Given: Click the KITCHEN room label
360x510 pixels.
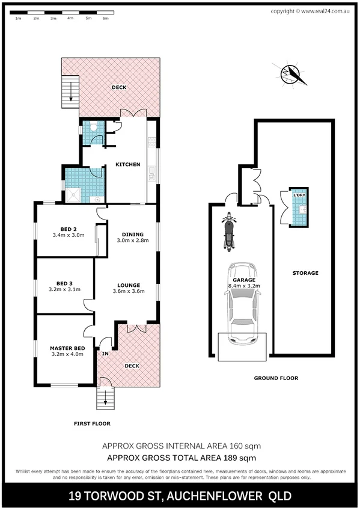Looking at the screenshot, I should [x=128, y=165].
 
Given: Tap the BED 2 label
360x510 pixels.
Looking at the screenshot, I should [x=68, y=229].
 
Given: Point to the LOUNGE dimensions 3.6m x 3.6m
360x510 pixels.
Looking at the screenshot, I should [x=129, y=292].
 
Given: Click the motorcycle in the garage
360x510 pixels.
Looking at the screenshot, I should [x=228, y=232].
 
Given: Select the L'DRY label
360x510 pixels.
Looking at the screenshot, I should [x=298, y=197].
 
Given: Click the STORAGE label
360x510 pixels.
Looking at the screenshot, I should [x=305, y=273].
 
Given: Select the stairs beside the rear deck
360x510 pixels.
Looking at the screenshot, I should [x=71, y=92].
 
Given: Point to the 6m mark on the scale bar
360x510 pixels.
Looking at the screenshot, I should [x=105, y=19].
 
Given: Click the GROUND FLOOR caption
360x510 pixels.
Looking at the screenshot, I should [x=276, y=378].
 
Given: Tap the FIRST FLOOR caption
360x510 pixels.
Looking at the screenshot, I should [x=92, y=423].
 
